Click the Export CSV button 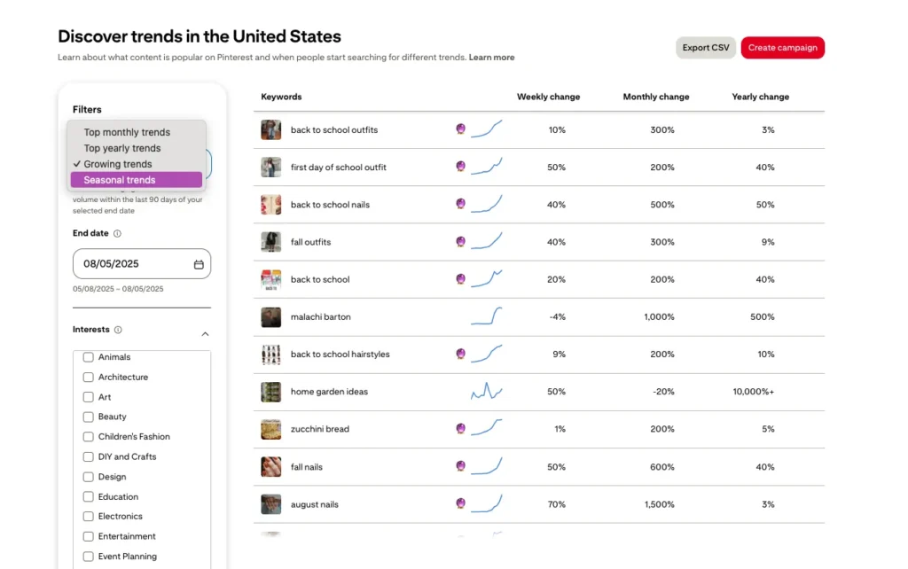pos(706,48)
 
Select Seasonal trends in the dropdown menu pos(120,180)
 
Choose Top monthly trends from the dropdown pos(127,132)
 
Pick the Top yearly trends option pos(122,148)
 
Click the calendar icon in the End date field pos(199,264)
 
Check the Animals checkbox pos(88,357)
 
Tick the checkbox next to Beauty pos(88,417)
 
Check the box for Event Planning pos(88,557)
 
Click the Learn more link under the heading pos(491,58)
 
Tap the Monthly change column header pos(655,97)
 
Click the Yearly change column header pos(760,97)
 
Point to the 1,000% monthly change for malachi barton pos(659,316)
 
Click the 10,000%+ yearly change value pos(753,392)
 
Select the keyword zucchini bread pos(319,429)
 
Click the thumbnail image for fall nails pos(270,467)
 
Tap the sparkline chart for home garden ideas pos(486,391)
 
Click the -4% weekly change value pos(557,316)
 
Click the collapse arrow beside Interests pos(205,334)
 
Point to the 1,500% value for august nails pos(659,504)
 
